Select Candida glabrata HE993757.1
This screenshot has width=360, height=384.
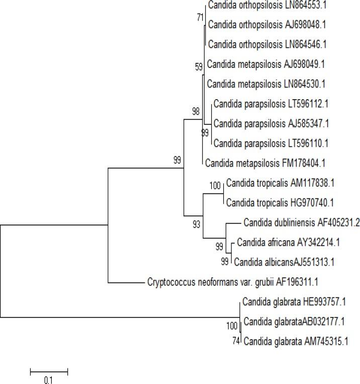coord(294,302)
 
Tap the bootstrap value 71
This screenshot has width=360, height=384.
coord(201,17)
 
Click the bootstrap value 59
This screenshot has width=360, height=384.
coord(199,65)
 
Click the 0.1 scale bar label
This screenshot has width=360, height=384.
coord(48,380)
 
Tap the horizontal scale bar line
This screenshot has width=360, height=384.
coord(49,372)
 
